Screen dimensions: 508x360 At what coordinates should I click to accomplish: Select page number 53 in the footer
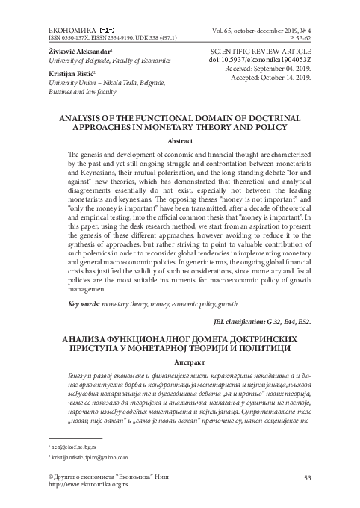point(308,477)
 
